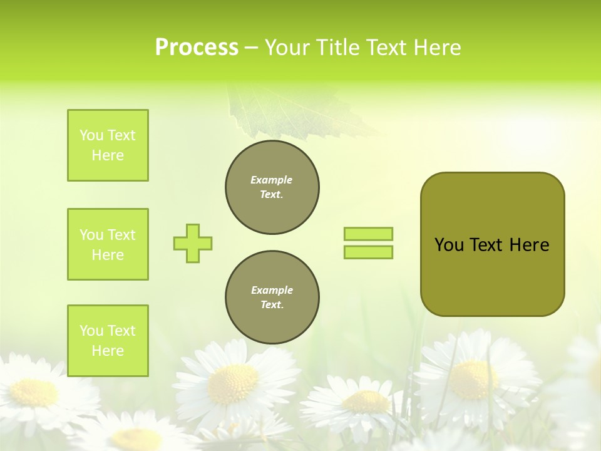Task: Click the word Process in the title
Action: tap(197, 48)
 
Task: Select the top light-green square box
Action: tap(108, 145)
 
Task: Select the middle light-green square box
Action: tap(108, 244)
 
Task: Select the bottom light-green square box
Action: tap(108, 341)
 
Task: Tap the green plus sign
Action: tap(193, 243)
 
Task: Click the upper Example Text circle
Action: tap(272, 187)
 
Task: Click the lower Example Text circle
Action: tap(272, 298)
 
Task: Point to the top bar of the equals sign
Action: tap(368, 234)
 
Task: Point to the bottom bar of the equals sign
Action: tap(368, 252)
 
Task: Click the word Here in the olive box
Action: tap(529, 245)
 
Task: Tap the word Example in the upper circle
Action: tap(272, 180)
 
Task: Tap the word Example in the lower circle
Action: tap(272, 291)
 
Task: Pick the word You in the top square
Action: tap(91, 135)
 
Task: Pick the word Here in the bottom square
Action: tap(108, 351)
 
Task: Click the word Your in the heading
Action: tap(287, 48)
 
